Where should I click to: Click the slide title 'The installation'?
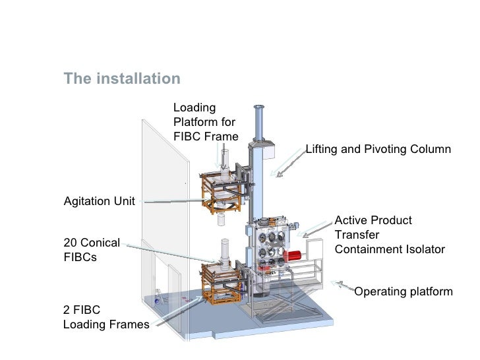click(121, 79)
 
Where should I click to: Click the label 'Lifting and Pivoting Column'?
click(378, 150)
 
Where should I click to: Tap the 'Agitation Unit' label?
click(98, 201)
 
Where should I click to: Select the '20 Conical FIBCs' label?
click(92, 250)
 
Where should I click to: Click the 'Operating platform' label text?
click(404, 291)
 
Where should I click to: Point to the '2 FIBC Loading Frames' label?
click(105, 317)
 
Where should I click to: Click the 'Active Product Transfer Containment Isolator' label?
click(390, 235)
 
